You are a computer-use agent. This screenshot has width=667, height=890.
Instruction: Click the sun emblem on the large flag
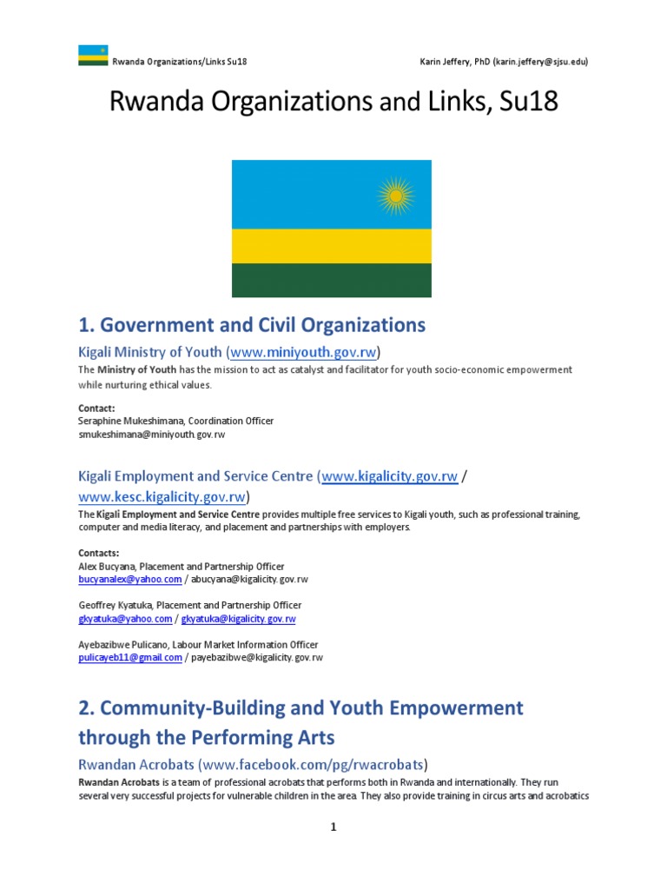pos(396,196)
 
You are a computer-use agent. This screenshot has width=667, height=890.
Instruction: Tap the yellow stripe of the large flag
pos(332,246)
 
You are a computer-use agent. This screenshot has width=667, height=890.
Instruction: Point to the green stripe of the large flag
pos(332,281)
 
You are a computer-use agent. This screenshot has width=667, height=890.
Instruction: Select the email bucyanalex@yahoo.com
pos(130,579)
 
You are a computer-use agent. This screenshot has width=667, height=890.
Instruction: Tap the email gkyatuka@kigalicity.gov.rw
pos(238,619)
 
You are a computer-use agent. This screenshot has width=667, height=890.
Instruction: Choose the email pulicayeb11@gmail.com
pos(130,658)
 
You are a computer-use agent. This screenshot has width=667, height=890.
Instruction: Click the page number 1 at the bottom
pos(333,827)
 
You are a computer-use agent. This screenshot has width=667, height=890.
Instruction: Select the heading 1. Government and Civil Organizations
pos(252,325)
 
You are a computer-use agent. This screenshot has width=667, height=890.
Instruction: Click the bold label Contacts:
pos(99,553)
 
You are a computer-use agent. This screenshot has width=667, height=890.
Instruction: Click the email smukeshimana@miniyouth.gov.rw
pos(151,434)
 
